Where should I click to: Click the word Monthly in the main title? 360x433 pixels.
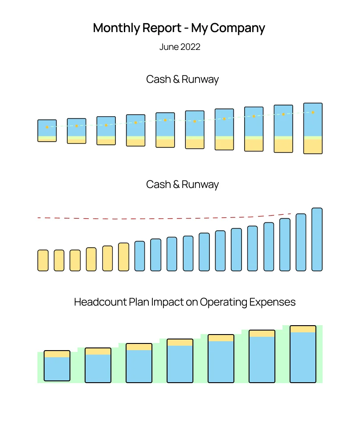(x=116, y=28)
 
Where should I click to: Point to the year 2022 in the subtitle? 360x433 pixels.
(x=190, y=47)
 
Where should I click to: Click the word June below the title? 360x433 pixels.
(x=169, y=47)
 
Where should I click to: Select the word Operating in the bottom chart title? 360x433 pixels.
(x=221, y=302)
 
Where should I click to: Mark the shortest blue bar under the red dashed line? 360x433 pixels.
(x=139, y=256)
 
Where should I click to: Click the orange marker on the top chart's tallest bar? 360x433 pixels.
(x=313, y=112)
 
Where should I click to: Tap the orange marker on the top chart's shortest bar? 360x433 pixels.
(x=47, y=127)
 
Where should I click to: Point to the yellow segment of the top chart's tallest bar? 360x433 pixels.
(x=313, y=147)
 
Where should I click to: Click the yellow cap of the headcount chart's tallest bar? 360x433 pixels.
(x=303, y=329)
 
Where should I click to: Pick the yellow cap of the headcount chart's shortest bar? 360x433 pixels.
(x=57, y=354)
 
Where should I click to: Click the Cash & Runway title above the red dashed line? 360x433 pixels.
(x=182, y=184)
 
